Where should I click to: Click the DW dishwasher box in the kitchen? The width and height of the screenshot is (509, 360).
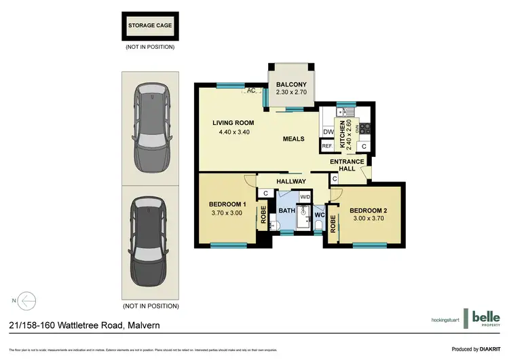327,132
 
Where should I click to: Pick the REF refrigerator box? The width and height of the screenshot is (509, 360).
326,146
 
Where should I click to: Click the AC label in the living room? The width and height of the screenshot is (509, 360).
250,90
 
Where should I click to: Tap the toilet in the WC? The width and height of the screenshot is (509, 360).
320,223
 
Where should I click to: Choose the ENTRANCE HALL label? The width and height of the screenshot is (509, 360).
347,166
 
